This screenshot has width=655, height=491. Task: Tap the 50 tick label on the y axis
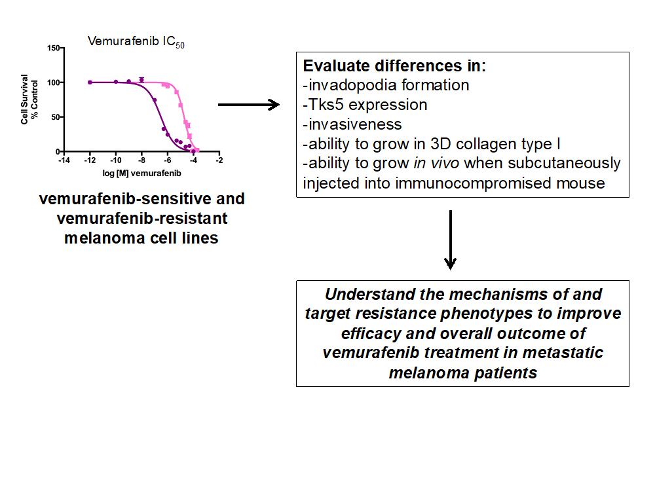click(x=56, y=117)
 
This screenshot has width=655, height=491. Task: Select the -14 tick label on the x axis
click(x=64, y=160)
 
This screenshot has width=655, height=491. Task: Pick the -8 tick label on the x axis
click(x=141, y=160)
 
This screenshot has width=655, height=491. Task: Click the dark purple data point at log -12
click(x=90, y=82)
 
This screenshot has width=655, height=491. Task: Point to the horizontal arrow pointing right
click(x=248, y=105)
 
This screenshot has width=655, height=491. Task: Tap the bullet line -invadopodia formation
click(x=386, y=85)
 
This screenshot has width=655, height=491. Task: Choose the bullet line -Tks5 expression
click(x=365, y=105)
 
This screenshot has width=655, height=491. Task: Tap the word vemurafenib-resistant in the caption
click(x=141, y=217)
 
